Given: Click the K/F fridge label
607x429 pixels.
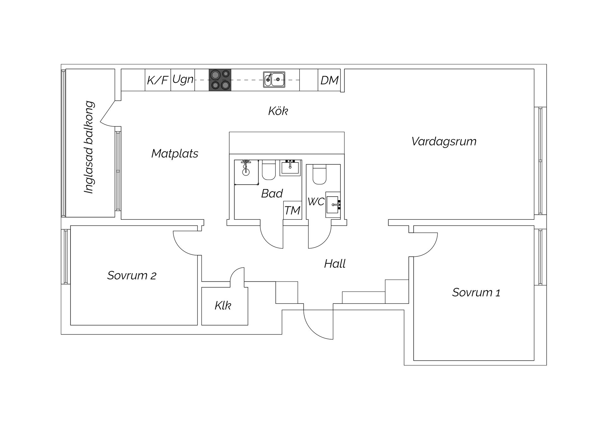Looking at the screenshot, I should coord(157,80).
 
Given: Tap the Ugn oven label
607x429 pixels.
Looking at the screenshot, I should coord(183,79).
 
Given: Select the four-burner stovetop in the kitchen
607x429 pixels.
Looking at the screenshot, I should coord(220,80).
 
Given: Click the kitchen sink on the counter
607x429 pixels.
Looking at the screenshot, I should coord(274,79).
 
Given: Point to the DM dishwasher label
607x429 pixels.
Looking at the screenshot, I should coord(329,80).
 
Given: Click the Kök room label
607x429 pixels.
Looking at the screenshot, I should coord(278,111).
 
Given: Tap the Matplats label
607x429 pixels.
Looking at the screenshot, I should coord(175,154).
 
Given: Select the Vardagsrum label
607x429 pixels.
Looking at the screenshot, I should coord(444,141).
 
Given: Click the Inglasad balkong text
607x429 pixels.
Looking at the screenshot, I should coord(89,147).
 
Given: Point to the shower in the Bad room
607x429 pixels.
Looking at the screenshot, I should coord(246,172).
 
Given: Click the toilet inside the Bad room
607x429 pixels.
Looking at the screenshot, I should coord(269,169).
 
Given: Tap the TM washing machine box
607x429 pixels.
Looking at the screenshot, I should coord(292,210).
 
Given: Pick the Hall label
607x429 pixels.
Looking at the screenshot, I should coord(335,264).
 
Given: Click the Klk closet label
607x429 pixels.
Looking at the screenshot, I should coord(223,306).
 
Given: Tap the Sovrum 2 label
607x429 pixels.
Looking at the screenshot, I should coord(132,275).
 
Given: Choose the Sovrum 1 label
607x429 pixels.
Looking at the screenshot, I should coord(476,292).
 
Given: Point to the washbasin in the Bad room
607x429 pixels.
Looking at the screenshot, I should coord(290,168).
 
